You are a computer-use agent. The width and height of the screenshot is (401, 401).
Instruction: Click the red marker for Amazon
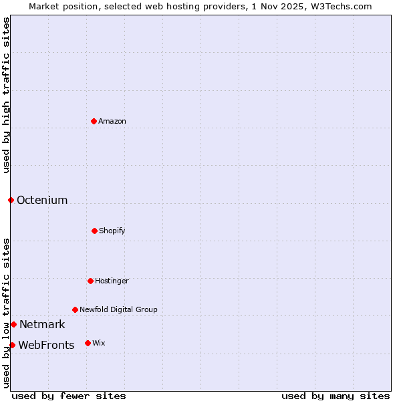coord(94,121)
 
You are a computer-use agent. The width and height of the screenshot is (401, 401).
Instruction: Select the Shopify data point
coord(94,231)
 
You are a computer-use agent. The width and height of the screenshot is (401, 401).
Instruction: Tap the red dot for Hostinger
coord(90,281)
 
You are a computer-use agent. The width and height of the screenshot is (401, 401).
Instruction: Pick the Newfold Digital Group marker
coord(75,309)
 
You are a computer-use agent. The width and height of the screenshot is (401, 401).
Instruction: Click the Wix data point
coord(88,343)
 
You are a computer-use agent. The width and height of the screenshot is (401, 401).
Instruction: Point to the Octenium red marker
coord(11,200)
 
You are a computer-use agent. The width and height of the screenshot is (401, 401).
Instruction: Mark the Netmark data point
coord(13,324)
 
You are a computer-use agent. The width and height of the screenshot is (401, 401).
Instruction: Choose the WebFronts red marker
coord(12,345)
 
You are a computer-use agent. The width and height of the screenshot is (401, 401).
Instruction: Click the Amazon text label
coord(112,121)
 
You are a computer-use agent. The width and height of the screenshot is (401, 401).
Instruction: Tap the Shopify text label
coord(112,231)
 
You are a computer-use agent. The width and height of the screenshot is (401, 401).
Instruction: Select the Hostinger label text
coord(112,281)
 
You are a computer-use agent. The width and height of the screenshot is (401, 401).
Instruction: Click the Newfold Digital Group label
coord(118,309)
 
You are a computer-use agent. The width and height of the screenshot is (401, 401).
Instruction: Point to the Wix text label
coord(99,343)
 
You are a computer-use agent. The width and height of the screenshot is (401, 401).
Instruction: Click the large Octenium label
coord(42,200)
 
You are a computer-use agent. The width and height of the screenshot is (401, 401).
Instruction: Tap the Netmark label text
coord(42,325)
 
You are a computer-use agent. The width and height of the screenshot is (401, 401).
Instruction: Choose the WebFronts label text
coord(46,346)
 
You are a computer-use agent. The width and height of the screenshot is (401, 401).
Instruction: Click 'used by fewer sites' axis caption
coord(69,396)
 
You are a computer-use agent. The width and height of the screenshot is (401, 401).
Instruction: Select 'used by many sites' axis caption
coord(336,396)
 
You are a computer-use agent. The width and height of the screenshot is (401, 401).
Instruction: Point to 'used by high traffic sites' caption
coord(6,95)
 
